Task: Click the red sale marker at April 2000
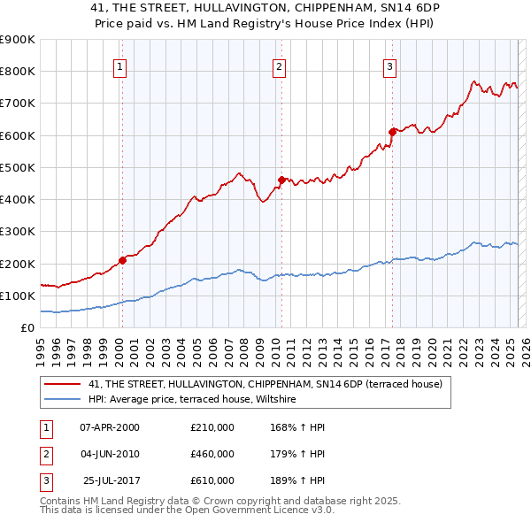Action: pos(122,260)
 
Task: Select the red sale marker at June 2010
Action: pos(281,180)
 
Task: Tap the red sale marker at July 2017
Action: pos(391,132)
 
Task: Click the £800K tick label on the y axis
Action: pos(18,72)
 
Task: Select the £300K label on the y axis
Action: pos(18,232)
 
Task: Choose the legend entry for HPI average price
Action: pos(197,400)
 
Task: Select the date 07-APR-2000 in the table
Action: pos(110,427)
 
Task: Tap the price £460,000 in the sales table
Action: pos(212,454)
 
